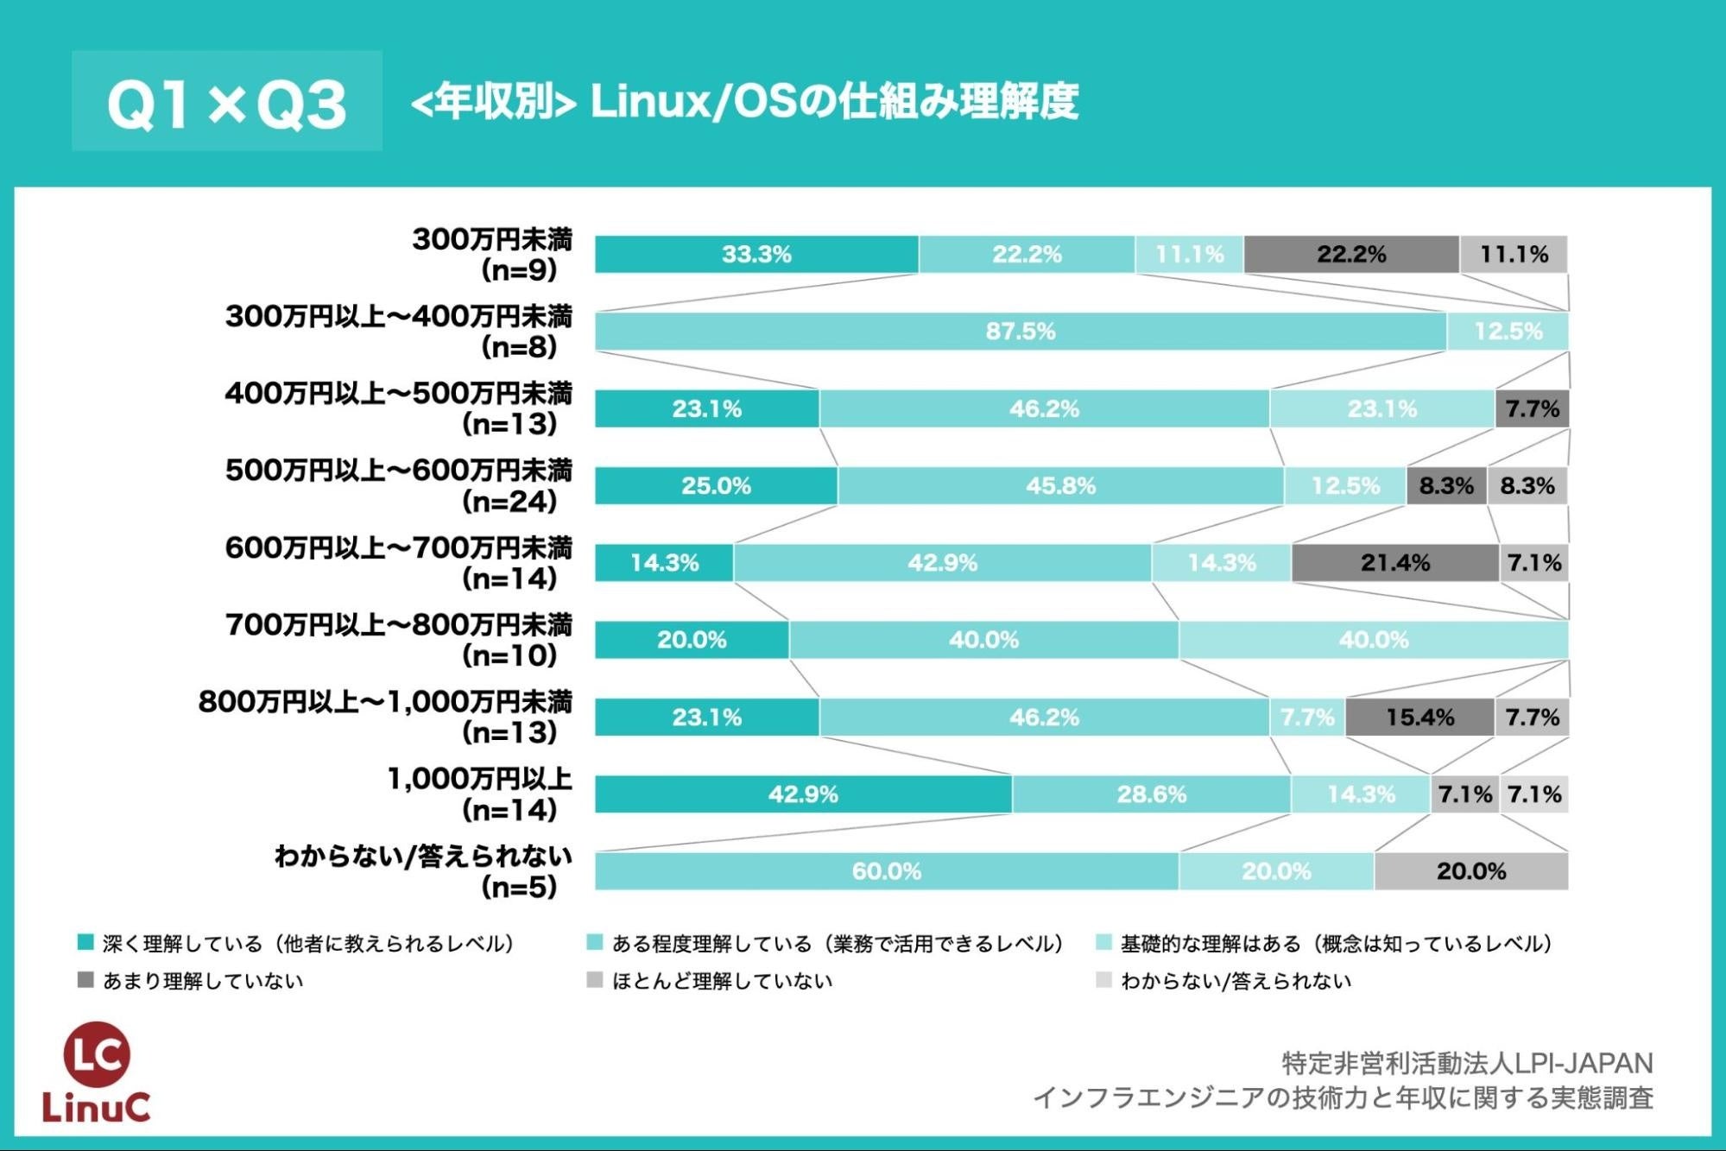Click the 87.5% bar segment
1020,332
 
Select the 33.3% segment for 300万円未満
756,255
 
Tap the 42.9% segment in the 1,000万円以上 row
803,794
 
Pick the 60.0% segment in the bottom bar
886,871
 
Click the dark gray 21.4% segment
1394,563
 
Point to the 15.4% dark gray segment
1419,718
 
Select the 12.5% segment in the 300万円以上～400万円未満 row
1508,332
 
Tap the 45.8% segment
1060,486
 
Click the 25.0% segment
716,486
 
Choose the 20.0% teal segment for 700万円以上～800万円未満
692,640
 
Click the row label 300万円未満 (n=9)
492,255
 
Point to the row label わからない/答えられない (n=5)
423,871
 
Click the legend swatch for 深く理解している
85,943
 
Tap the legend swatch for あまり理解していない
85,980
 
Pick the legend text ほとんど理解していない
722,981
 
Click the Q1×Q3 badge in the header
226,102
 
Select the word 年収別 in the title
493,102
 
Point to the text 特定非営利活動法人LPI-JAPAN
1467,1062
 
